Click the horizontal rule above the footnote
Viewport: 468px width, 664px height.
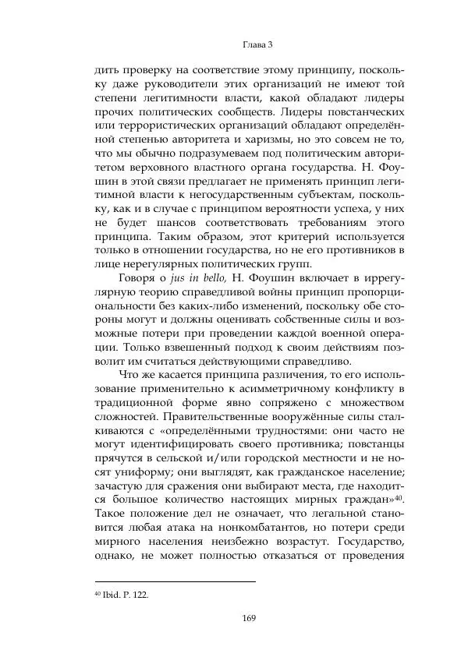pyautogui.click(x=174, y=581)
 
